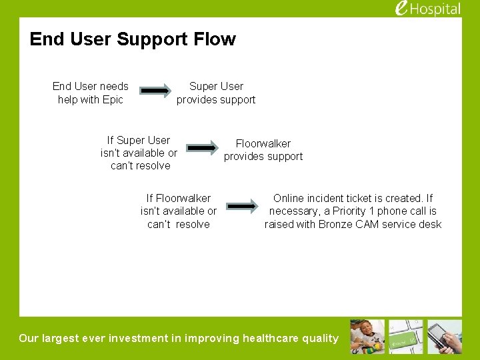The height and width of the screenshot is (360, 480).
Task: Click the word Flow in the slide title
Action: click(x=217, y=39)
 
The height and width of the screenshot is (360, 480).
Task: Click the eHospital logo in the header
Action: click(x=427, y=9)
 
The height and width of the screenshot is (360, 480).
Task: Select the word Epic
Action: click(x=113, y=99)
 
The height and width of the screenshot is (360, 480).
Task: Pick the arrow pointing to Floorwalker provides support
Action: click(x=201, y=147)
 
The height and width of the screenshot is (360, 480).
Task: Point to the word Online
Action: click(x=290, y=198)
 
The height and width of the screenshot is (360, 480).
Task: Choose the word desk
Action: click(x=429, y=224)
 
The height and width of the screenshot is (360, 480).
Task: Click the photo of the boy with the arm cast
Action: click(x=367, y=337)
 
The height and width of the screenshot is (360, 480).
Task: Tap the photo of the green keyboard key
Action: click(x=406, y=337)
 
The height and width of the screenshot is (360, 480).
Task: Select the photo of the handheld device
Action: click(x=445, y=337)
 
